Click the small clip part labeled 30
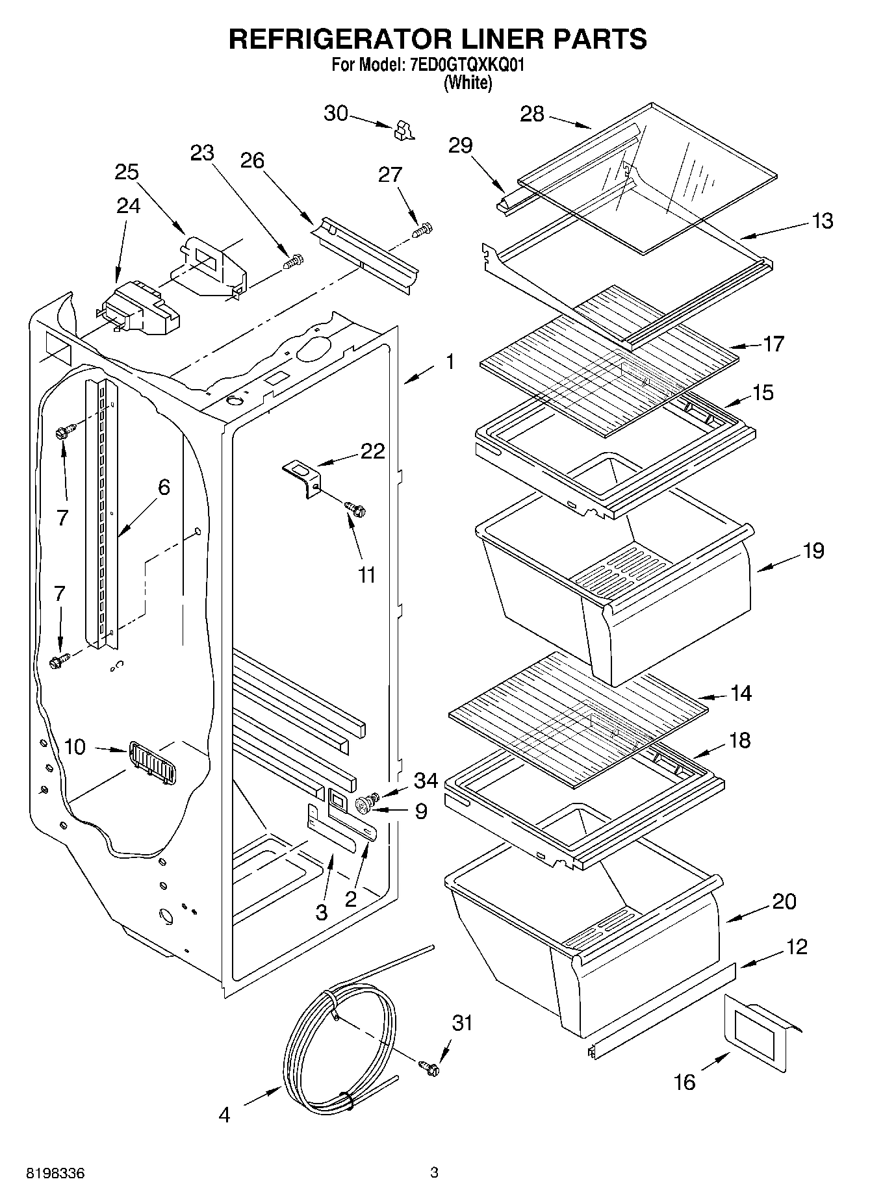click(403, 131)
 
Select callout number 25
click(127, 172)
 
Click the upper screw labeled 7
click(66, 431)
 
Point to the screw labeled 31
click(429, 1067)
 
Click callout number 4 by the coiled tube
click(224, 1116)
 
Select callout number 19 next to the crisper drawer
click(813, 551)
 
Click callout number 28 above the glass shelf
click(531, 114)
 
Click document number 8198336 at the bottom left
click(55, 1174)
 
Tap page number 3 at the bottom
click(435, 1173)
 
